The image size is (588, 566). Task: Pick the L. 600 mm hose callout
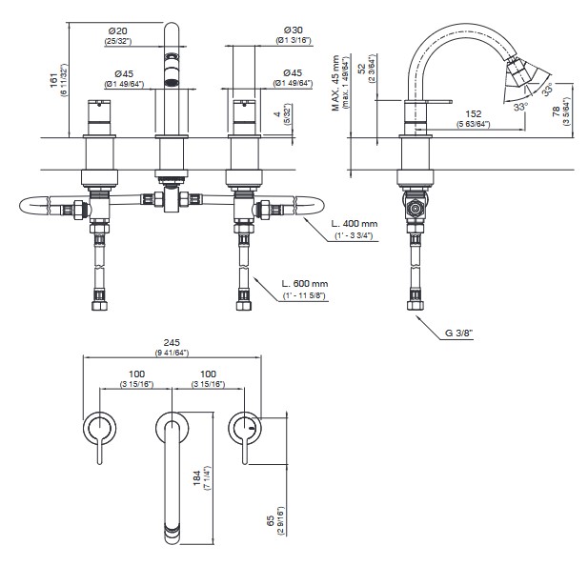click(305, 284)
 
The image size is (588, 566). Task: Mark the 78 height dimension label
click(557, 113)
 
